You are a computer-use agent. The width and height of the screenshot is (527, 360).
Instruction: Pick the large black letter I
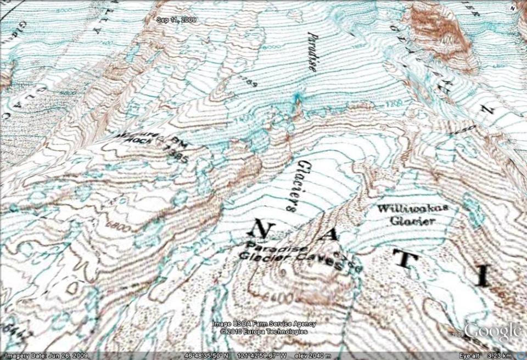click(x=483, y=276)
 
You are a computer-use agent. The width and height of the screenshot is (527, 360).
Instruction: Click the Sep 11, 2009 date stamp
click(x=176, y=20)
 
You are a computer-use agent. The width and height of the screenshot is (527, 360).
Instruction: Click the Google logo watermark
click(x=492, y=332)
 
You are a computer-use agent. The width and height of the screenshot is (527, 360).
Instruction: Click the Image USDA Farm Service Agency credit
click(x=264, y=324)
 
